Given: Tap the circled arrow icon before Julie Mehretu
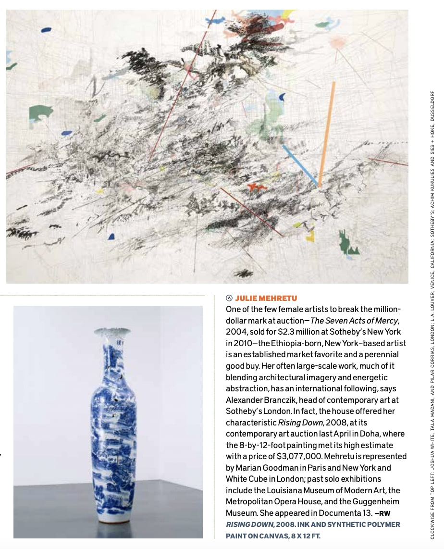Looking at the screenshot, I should [229, 299].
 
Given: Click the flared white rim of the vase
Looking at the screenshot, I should [112, 332].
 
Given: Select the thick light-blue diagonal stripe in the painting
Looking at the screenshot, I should [300, 165].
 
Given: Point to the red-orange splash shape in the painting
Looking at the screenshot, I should [257, 187].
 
